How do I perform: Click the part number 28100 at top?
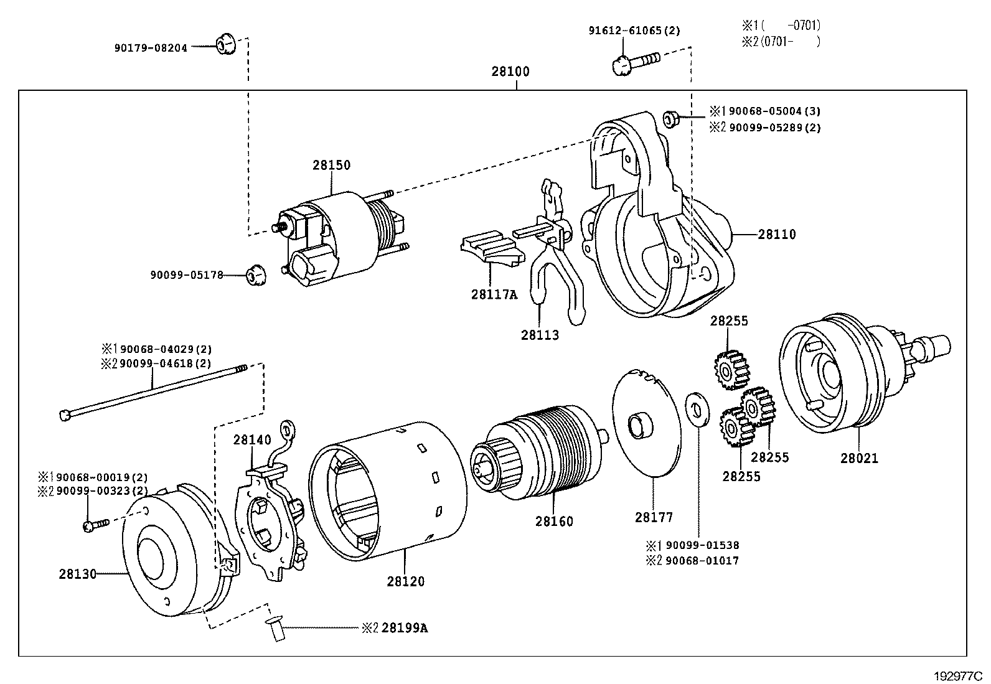click(510, 72)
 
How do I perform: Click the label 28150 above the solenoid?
click(331, 166)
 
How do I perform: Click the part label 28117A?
click(494, 294)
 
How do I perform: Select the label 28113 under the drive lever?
click(540, 335)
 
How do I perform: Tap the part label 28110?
click(777, 235)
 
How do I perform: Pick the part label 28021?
click(859, 459)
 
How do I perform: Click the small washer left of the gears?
click(697, 410)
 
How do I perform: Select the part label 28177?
click(654, 517)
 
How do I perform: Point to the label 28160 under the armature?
click(554, 522)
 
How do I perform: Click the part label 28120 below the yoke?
click(405, 582)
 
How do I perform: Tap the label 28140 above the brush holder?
click(252, 440)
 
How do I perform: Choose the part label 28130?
click(78, 574)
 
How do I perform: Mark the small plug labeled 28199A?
click(275, 631)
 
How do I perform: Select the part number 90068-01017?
click(702, 561)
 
